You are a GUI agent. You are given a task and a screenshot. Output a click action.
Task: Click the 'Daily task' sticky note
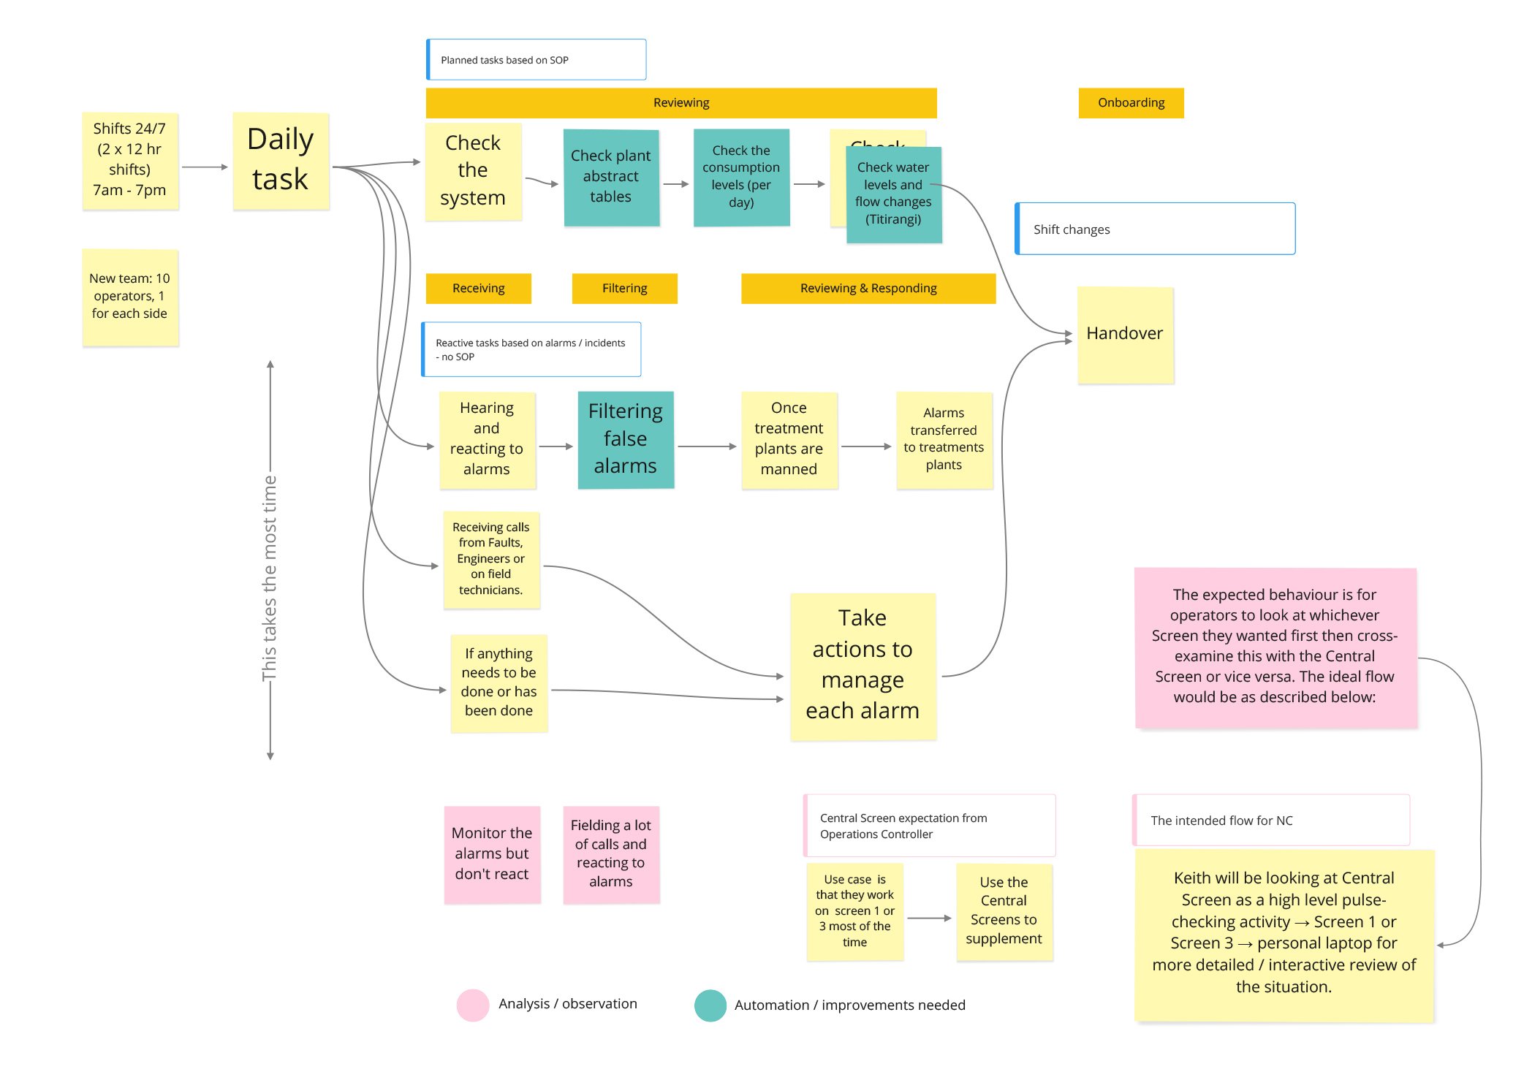pyautogui.click(x=281, y=161)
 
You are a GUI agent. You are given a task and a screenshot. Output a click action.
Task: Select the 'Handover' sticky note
pyautogui.click(x=1125, y=335)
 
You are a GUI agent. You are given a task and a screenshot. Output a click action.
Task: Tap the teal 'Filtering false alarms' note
pyautogui.click(x=626, y=439)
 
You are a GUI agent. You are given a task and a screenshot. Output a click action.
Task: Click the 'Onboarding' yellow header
pyautogui.click(x=1131, y=103)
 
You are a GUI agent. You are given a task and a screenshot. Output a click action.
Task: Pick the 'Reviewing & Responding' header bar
pyautogui.click(x=868, y=289)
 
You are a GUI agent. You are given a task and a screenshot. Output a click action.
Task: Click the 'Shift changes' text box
pyautogui.click(x=1155, y=229)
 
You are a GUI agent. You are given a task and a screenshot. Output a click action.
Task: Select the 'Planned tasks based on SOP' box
pyautogui.click(x=537, y=60)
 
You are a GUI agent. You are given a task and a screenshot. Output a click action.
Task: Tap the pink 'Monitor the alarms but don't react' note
pyautogui.click(x=492, y=854)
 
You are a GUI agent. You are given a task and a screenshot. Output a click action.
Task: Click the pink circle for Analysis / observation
pyautogui.click(x=472, y=1005)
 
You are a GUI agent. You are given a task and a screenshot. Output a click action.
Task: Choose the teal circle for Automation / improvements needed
pyautogui.click(x=710, y=1005)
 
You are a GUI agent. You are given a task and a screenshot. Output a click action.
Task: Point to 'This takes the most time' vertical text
pyautogui.click(x=270, y=577)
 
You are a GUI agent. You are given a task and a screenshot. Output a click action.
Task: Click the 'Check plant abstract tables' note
pyautogui.click(x=611, y=178)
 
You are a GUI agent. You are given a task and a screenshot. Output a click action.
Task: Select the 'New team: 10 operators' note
pyautogui.click(x=130, y=297)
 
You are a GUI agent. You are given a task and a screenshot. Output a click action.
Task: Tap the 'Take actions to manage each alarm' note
pyautogui.click(x=863, y=666)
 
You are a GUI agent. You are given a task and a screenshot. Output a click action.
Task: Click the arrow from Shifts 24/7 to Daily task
pyautogui.click(x=205, y=167)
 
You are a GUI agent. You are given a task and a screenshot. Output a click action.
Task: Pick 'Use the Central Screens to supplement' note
pyautogui.click(x=1004, y=911)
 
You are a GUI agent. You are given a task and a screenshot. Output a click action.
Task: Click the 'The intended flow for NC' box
pyautogui.click(x=1270, y=821)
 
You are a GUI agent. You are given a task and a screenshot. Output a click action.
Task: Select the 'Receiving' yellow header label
pyautogui.click(x=478, y=289)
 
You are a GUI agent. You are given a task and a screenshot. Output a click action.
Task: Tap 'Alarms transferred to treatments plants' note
pyautogui.click(x=944, y=440)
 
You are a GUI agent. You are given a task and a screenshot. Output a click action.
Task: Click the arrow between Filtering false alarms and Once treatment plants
pyautogui.click(x=706, y=446)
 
